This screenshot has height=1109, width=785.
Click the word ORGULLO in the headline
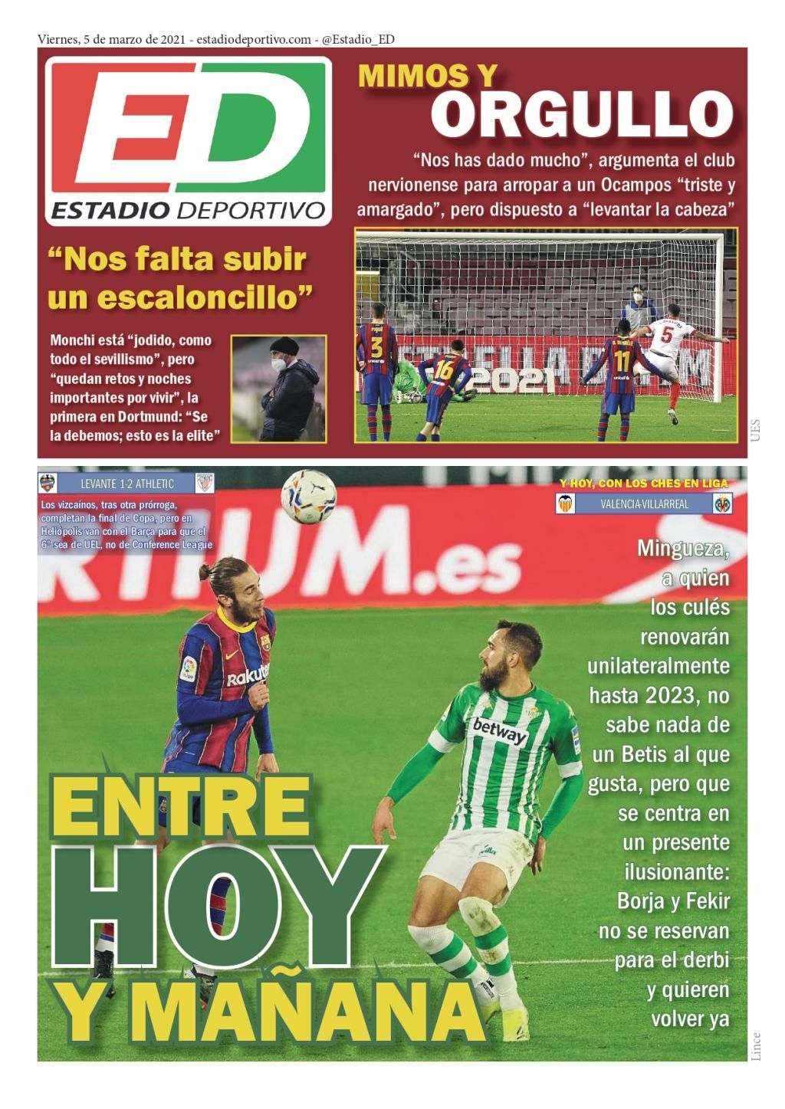(x=581, y=114)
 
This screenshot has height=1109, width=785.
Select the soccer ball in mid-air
(x=308, y=496)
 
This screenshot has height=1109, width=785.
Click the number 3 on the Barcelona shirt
(x=376, y=347)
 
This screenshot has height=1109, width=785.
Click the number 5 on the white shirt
(x=667, y=336)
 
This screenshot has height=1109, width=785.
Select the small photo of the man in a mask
(x=279, y=389)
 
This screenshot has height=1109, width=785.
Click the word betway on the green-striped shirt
(x=499, y=731)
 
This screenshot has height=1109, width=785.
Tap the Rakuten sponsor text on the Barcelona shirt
(x=247, y=675)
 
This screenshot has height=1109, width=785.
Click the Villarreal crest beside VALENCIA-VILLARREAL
(x=722, y=504)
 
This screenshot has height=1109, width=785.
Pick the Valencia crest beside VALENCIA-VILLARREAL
(x=565, y=504)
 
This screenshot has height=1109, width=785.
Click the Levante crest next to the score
(x=48, y=483)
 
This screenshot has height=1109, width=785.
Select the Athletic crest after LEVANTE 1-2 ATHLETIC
(x=205, y=483)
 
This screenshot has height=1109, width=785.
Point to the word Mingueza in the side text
(x=682, y=549)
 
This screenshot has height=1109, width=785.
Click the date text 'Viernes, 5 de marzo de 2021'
(x=110, y=39)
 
